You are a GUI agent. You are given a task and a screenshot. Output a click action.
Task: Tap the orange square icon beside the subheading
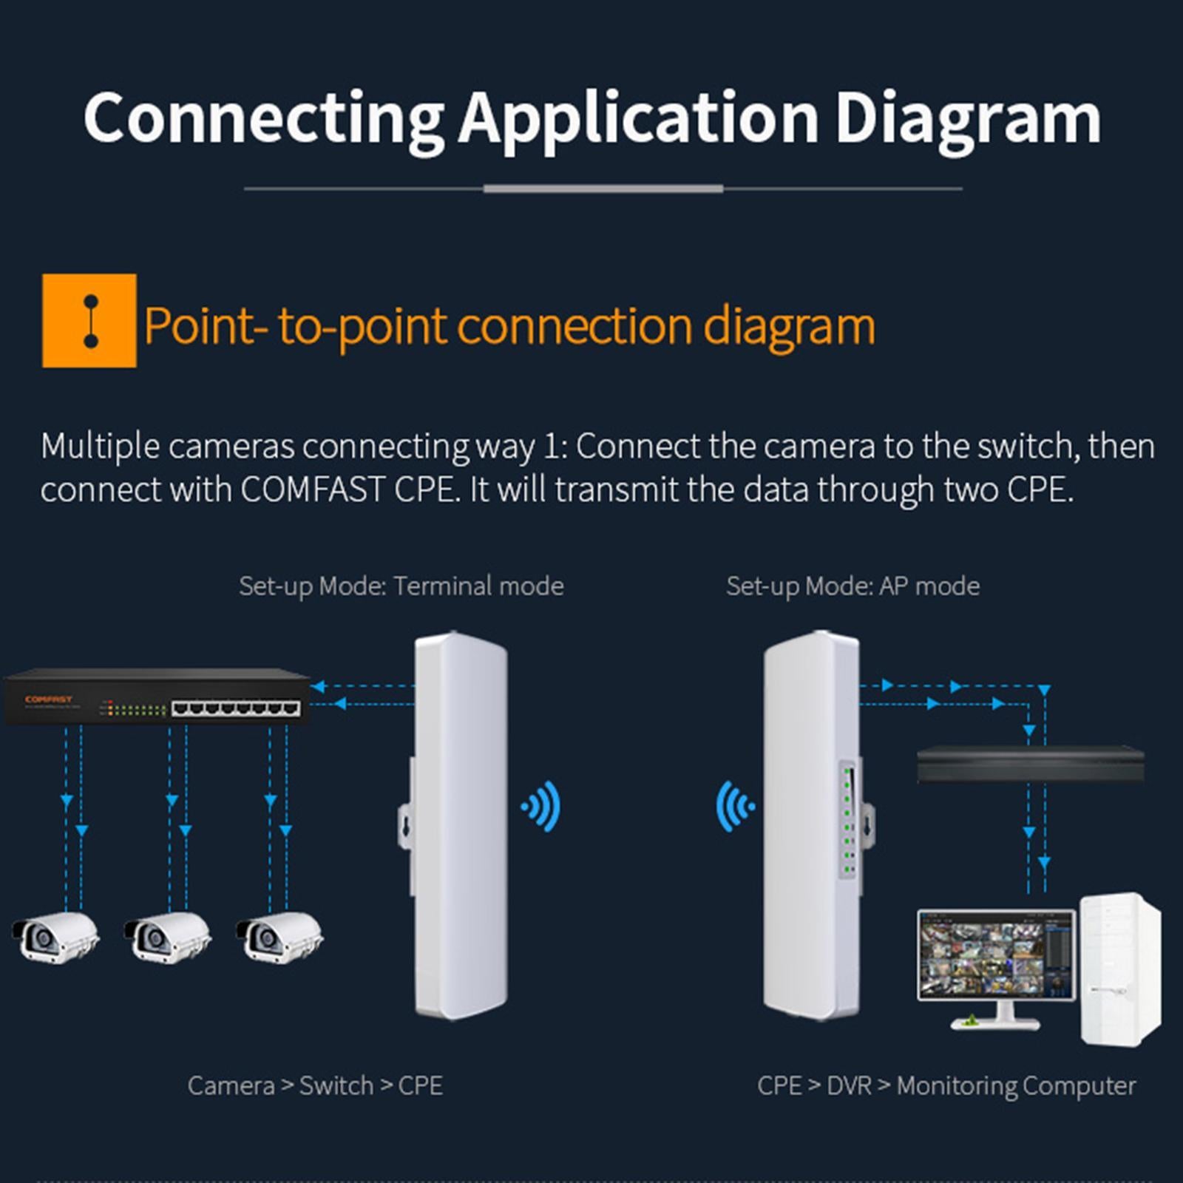click(89, 321)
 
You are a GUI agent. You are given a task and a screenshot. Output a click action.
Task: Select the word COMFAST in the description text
click(312, 489)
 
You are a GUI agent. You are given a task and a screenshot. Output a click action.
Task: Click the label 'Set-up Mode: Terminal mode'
click(401, 586)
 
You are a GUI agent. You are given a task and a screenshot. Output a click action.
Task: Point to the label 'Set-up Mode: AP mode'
click(852, 586)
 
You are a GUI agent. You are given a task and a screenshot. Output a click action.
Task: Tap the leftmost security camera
click(56, 938)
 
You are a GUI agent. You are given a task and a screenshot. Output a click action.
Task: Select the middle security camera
click(167, 938)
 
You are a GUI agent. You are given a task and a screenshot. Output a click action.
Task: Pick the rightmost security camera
click(279, 938)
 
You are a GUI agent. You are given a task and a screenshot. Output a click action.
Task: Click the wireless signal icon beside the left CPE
click(542, 806)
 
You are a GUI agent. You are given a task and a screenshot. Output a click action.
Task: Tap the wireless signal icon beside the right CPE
click(735, 806)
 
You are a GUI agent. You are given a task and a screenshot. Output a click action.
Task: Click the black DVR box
click(1030, 765)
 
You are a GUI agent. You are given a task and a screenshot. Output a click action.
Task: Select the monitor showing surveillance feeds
click(996, 958)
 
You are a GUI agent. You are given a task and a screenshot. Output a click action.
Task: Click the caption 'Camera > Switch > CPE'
click(315, 1085)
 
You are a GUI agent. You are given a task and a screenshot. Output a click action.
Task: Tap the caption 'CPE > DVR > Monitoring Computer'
click(946, 1085)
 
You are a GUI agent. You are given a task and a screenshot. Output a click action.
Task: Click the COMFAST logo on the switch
click(49, 699)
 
